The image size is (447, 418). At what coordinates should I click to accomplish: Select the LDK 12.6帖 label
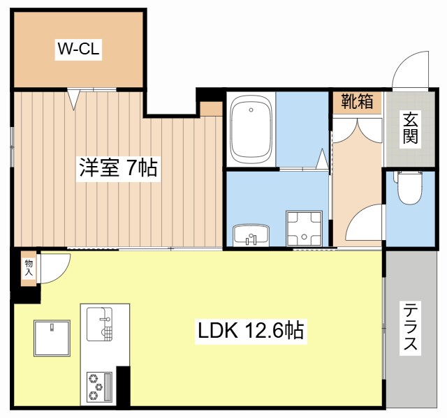[249, 330]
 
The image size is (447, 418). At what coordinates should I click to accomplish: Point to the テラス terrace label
[411, 327]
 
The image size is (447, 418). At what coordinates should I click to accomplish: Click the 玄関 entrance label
[411, 128]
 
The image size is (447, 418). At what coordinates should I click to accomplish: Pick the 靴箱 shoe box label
[357, 101]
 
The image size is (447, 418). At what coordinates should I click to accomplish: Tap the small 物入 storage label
[29, 267]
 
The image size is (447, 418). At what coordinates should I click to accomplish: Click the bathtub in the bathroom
[251, 129]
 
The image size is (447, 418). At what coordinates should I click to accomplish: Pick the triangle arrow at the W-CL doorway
[73, 99]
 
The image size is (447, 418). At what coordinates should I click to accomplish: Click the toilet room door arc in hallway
[365, 225]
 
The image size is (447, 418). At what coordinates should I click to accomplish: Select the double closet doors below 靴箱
[357, 130]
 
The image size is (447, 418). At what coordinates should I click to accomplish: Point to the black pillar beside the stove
[123, 387]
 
